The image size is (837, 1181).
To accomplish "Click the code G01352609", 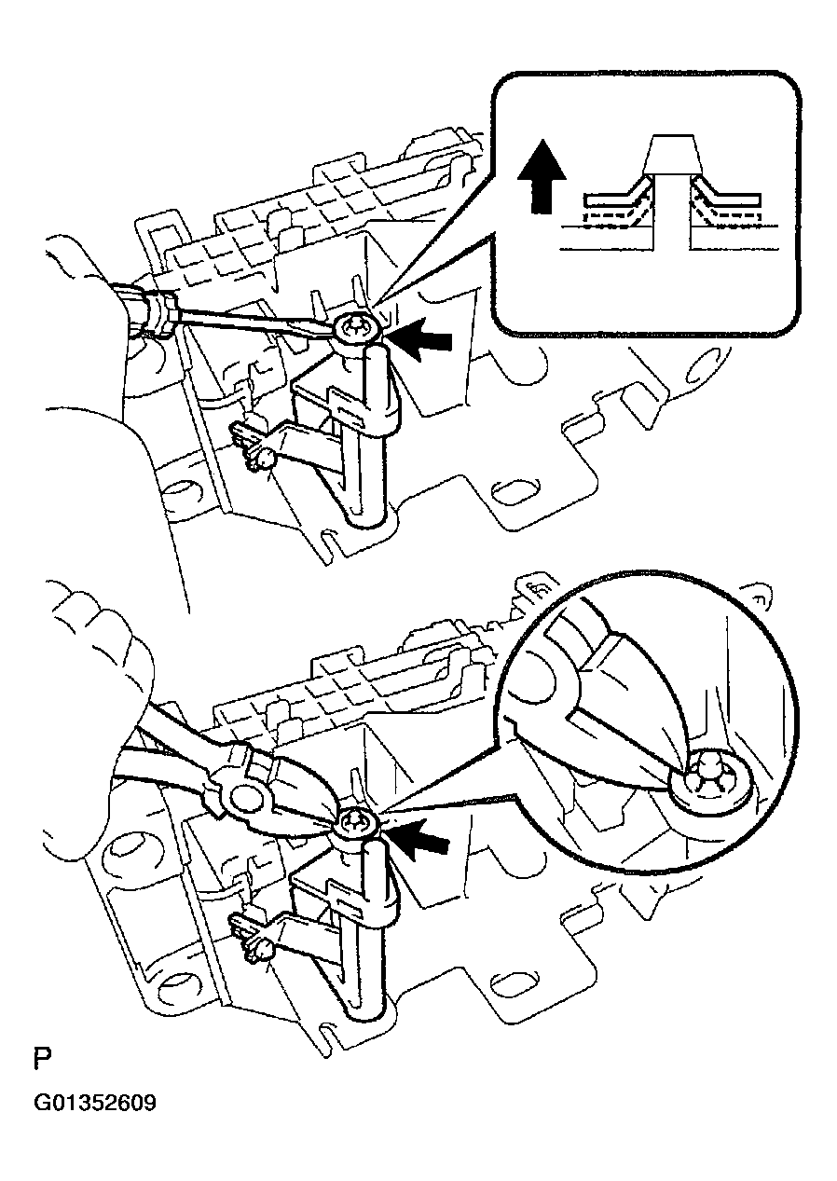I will point(95,1104).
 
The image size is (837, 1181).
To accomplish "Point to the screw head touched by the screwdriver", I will point(354,328).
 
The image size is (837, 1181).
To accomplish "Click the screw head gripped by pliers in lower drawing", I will point(355,824).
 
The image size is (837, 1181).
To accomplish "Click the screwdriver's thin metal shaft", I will point(252,322).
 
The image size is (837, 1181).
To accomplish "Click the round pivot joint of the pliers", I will point(245,798).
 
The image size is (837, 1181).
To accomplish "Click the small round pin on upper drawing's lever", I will point(267,457).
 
